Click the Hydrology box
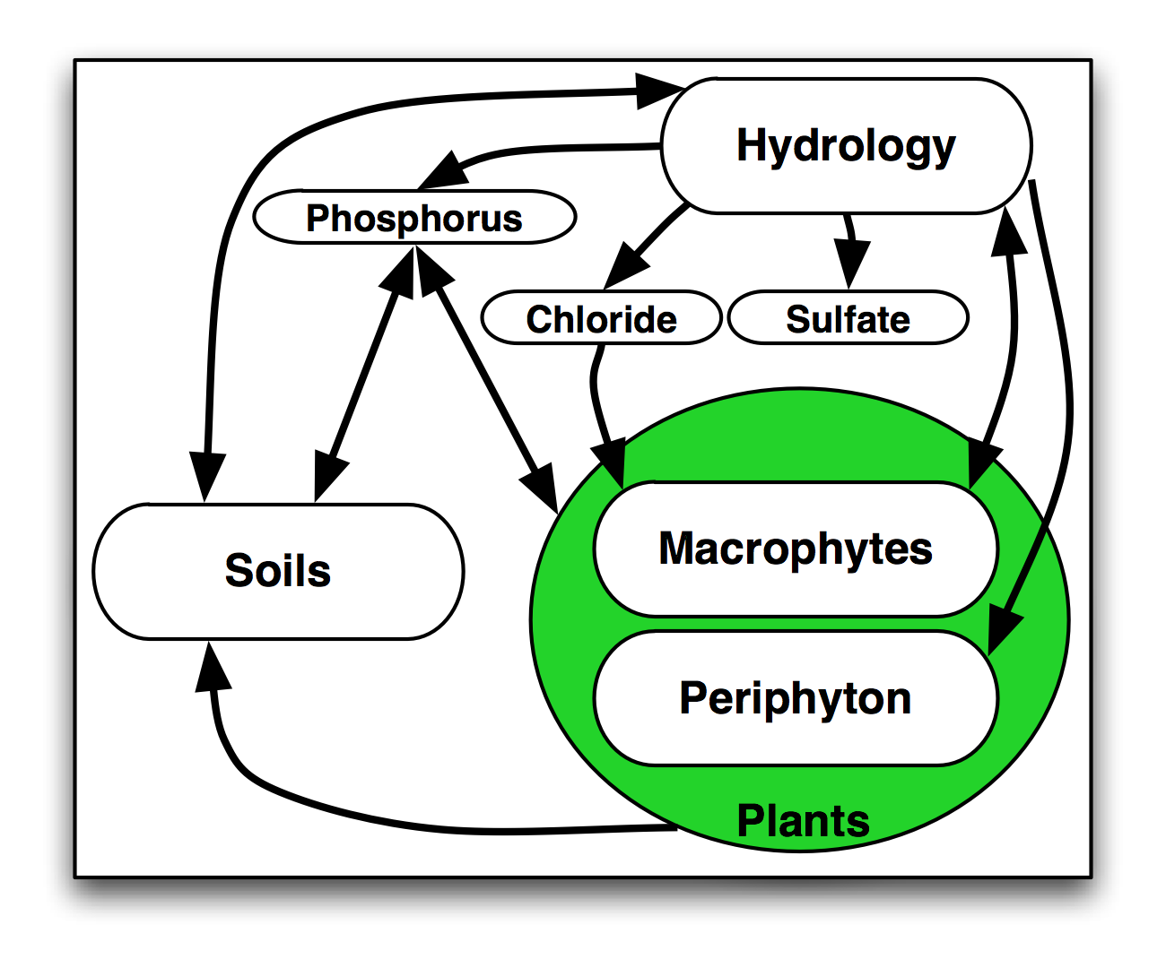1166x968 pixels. (x=846, y=146)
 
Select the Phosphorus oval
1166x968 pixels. (x=414, y=218)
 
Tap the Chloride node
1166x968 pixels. (x=601, y=318)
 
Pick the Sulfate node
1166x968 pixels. (x=848, y=318)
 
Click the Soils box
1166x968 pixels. (x=278, y=571)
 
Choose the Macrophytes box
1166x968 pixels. (x=796, y=549)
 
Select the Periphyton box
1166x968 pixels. (x=796, y=698)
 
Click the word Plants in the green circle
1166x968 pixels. (x=803, y=820)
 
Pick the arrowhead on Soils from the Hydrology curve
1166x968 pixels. (x=207, y=475)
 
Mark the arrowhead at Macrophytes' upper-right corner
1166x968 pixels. (x=980, y=462)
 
